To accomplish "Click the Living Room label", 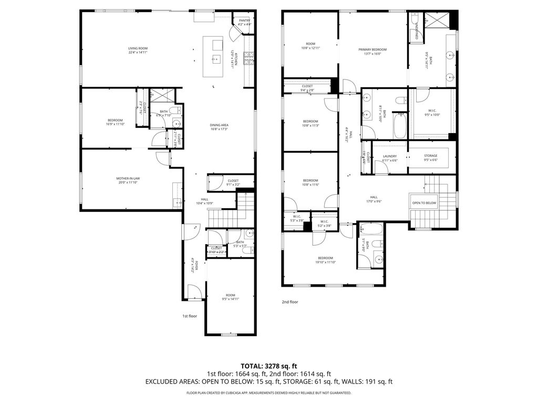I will click(138, 50).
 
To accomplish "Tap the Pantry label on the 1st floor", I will click(244, 22).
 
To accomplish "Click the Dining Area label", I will click(219, 127).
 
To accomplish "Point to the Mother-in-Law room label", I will click(128, 181).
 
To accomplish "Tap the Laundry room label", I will click(389, 158).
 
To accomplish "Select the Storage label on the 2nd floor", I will click(430, 158).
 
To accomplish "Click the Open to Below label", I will click(424, 203).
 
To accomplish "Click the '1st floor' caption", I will click(190, 316).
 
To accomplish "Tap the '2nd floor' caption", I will click(290, 302).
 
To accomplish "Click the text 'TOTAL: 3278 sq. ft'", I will click(269, 366).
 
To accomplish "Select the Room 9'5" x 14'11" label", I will click(230, 297).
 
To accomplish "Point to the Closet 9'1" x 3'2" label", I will click(233, 183).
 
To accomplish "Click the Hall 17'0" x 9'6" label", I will click(374, 199).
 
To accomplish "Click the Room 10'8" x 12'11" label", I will click(311, 46).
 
